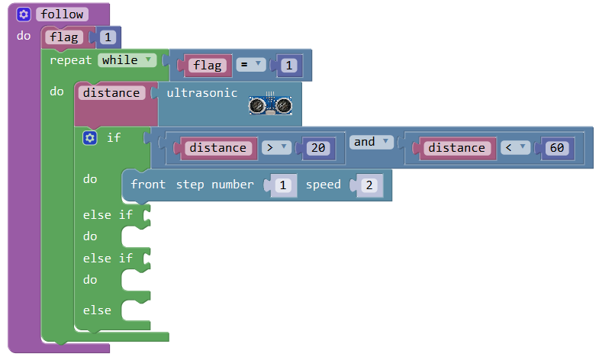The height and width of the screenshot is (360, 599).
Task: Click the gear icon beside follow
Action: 24,14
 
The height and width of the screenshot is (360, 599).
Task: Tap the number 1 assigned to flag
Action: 108,37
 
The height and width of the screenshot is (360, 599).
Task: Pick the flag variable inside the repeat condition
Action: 207,66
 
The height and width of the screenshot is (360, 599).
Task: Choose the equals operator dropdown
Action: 250,66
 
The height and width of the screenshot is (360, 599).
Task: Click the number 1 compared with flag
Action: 288,66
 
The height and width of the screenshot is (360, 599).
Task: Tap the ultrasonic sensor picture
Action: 272,104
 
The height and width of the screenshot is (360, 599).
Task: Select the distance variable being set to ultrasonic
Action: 111,93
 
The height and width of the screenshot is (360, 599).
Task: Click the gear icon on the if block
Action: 90,137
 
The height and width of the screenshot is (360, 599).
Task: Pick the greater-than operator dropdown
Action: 275,148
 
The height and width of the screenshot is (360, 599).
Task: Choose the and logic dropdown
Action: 370,142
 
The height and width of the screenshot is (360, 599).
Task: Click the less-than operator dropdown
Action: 513,148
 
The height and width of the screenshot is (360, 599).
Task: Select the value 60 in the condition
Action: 556,148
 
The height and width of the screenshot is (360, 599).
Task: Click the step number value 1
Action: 282,185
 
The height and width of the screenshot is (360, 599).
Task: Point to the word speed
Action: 324,185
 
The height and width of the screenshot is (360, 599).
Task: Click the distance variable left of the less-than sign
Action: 456,148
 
